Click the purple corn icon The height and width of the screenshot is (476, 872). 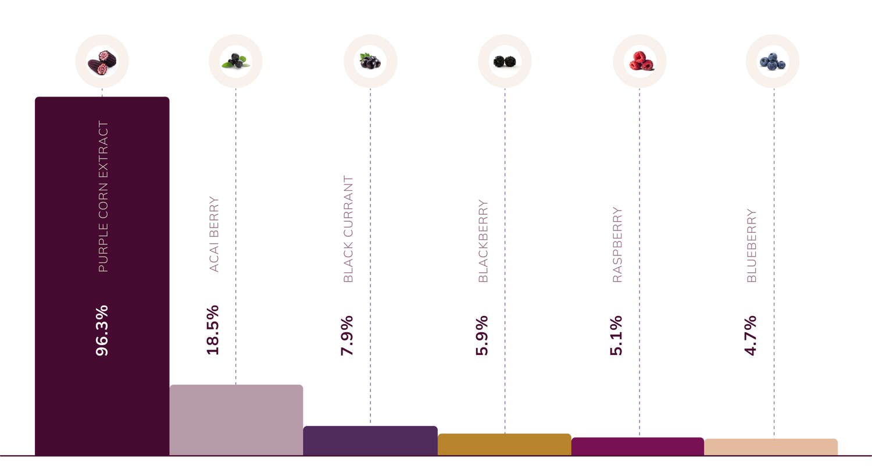tap(102, 62)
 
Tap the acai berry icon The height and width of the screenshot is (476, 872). tap(235, 61)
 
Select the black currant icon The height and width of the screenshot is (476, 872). tap(370, 61)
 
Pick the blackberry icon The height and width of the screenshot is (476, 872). tap(505, 61)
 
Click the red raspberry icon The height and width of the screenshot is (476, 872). tap(641, 61)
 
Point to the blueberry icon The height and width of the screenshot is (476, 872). tap(773, 62)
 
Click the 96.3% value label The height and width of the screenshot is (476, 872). tap(102, 331)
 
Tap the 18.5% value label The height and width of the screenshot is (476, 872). tap(213, 331)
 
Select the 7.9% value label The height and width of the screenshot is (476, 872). tap(347, 336)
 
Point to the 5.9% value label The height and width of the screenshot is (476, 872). tap(481, 336)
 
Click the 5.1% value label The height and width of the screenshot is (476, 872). tap(616, 336)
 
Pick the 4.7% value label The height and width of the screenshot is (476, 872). tap(750, 336)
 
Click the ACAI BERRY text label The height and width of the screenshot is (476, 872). tap(214, 234)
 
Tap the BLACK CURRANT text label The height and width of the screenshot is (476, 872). tap(348, 229)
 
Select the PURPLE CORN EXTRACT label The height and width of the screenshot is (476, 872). tap(103, 196)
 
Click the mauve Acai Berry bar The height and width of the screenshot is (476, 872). tap(236, 420)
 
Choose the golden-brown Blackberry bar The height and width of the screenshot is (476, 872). tap(505, 445)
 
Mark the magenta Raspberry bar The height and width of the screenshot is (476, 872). tap(638, 446)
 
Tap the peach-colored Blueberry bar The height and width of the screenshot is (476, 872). tap(771, 447)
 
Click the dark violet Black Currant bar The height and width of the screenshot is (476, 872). tap(371, 441)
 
